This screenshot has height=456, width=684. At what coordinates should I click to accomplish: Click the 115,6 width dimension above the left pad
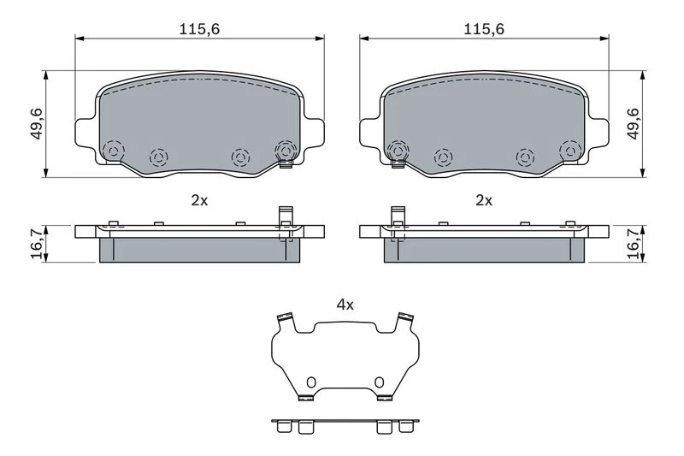pos(199,29)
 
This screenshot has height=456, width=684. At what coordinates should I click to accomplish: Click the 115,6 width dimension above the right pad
pos(484,29)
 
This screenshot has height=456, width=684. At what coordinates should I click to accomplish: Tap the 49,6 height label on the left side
pos(37,124)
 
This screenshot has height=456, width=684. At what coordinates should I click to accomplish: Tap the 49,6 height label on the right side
pos(633,124)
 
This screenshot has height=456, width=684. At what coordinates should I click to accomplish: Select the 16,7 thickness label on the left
pos(37,244)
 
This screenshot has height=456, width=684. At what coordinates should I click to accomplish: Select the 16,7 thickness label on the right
pos(633,244)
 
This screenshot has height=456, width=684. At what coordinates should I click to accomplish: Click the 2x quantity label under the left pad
pos(199,200)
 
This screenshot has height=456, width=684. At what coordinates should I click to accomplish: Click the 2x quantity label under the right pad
pos(484,200)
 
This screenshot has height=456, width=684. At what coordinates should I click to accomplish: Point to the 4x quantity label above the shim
pos(345,305)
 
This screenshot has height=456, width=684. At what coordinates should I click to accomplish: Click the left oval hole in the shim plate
pos(310,382)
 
